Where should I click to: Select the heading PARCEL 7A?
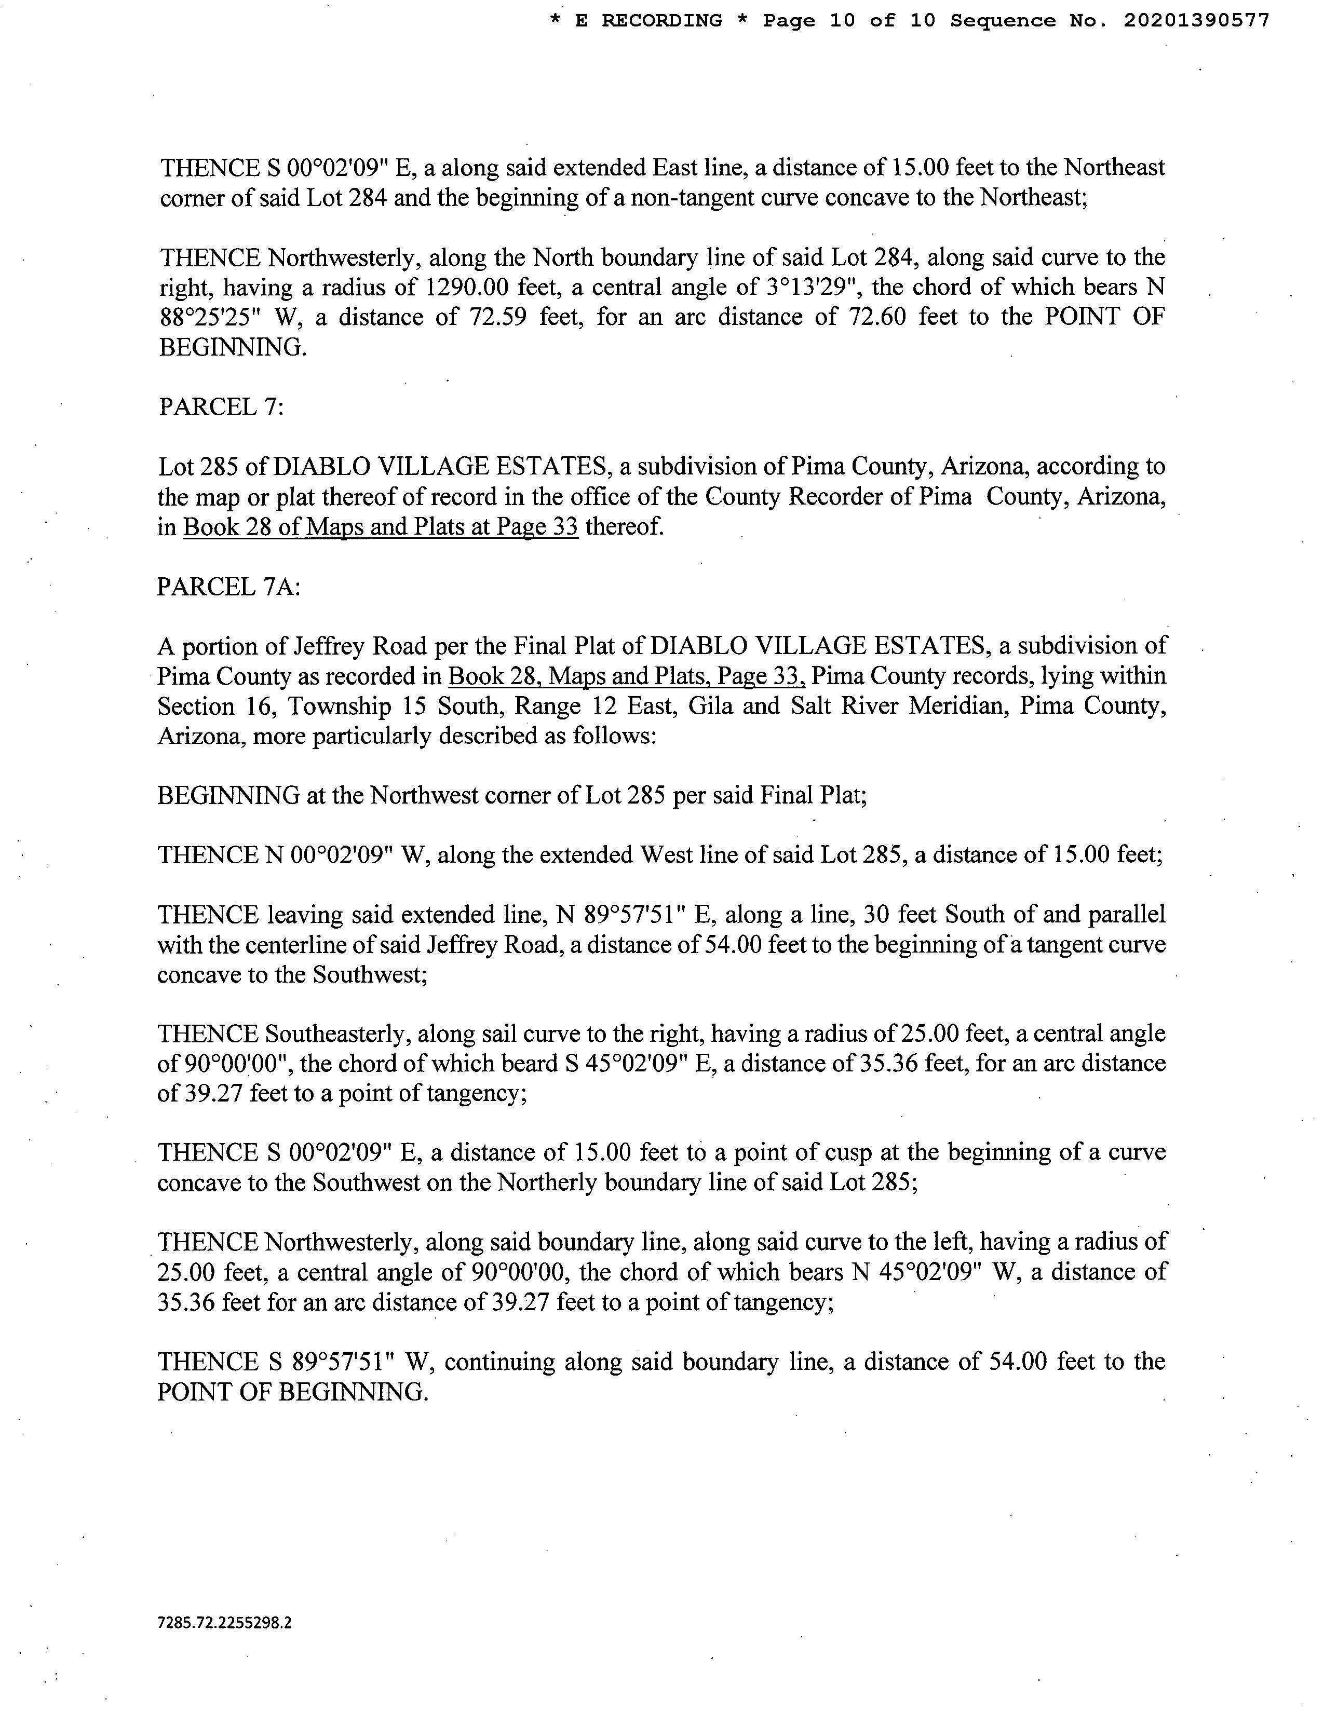pyautogui.click(x=228, y=587)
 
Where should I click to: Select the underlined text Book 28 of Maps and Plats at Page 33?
pyautogui.click(x=381, y=527)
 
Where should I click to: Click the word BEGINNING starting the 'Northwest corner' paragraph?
pyautogui.click(x=229, y=796)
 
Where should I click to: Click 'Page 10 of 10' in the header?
pyautogui.click(x=849, y=21)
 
